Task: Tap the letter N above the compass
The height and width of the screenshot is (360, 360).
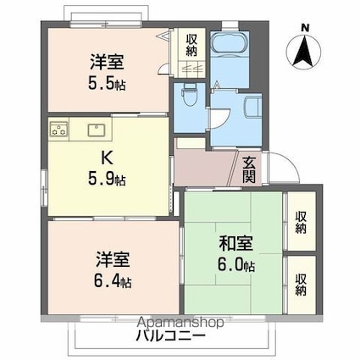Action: click(304, 28)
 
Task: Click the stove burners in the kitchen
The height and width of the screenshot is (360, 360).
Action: click(58, 130)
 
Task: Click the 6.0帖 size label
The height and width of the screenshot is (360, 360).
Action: click(238, 265)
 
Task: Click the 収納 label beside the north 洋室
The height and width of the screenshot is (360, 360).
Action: click(192, 45)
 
